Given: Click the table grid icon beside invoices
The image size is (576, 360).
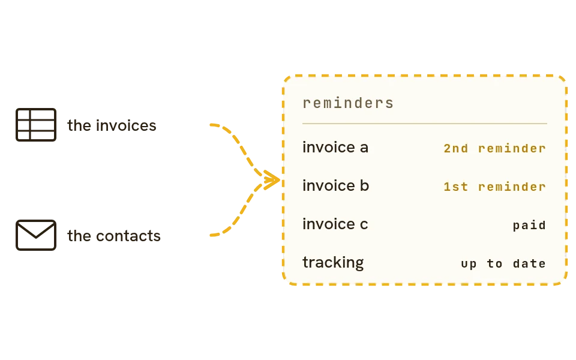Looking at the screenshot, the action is (x=36, y=125).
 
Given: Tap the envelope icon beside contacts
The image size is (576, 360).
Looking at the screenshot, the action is (x=36, y=235).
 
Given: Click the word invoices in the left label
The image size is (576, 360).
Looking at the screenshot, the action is (x=126, y=125).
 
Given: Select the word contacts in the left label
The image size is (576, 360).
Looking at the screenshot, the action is (x=128, y=236).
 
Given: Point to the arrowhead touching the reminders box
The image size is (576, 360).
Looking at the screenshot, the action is (x=272, y=180).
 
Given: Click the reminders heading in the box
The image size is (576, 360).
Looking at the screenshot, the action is (x=348, y=103).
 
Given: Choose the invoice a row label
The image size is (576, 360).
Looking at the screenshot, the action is (x=335, y=148).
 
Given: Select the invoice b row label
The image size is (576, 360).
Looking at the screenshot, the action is (x=335, y=185).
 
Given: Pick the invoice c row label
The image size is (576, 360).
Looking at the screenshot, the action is (x=335, y=224).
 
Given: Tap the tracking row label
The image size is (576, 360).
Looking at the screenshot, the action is (x=333, y=263).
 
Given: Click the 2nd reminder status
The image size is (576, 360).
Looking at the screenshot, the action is (x=494, y=148).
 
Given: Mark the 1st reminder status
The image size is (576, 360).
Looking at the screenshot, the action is (x=494, y=187).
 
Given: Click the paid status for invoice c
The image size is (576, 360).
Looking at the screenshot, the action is (x=529, y=225).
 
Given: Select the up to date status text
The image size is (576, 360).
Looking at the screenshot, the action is (x=503, y=263).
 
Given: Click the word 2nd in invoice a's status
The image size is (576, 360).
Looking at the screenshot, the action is (x=456, y=148).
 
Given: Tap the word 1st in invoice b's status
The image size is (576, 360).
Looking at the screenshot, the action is (x=456, y=187).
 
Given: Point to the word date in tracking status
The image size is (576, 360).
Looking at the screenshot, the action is (x=529, y=263).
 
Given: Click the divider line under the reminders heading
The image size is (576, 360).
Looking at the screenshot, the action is (x=424, y=124).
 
